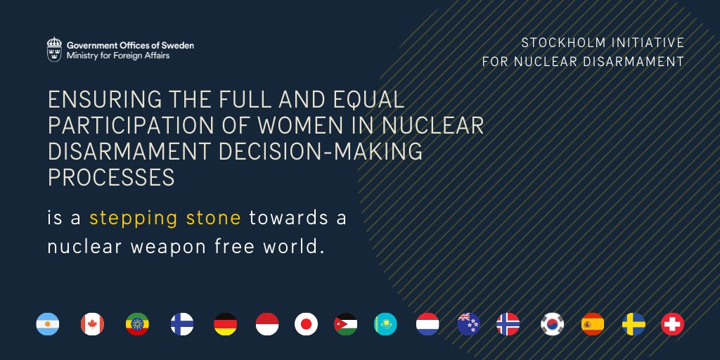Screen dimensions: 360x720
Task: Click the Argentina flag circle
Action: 48,324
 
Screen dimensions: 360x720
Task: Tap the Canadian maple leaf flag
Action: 93,324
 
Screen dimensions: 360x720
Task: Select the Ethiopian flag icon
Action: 137,324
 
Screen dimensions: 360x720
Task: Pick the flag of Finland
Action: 182,324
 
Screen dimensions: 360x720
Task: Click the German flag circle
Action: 226,324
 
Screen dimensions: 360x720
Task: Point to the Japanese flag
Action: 307,324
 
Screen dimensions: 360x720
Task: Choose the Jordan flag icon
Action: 346,324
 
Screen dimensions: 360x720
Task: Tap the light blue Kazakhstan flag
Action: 386,324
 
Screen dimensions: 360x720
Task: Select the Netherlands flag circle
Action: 427,324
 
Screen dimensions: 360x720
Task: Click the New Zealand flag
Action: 469,324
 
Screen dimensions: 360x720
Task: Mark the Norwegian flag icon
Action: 508,324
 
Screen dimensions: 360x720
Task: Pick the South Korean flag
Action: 552,324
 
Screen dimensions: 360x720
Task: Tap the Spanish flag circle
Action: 593,324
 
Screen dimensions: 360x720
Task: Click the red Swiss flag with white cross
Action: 673,324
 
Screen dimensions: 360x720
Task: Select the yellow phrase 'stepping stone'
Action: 165,217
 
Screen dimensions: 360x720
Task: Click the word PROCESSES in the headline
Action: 111,178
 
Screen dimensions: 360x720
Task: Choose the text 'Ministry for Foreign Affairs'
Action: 118,56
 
